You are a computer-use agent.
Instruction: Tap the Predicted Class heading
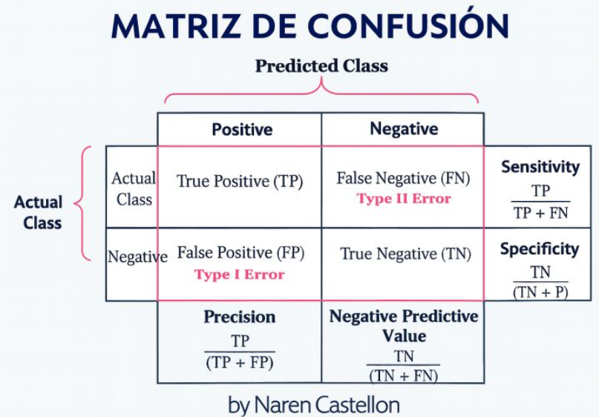click(x=321, y=66)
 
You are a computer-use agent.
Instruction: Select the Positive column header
click(x=242, y=129)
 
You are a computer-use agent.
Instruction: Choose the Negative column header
click(x=404, y=128)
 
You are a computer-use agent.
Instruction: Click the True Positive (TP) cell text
click(x=240, y=181)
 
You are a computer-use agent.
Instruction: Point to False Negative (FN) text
click(x=403, y=178)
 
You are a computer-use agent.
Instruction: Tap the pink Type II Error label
click(x=404, y=199)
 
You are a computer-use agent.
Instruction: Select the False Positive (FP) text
click(x=240, y=253)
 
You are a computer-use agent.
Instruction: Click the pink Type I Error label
click(x=240, y=275)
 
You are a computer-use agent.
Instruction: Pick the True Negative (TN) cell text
click(x=406, y=254)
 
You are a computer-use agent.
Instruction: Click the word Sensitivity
click(x=540, y=167)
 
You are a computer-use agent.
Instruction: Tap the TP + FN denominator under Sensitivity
click(x=541, y=213)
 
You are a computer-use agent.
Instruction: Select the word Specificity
click(x=540, y=249)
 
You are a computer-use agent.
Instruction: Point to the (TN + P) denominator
click(x=540, y=292)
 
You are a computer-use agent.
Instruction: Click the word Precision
click(x=240, y=317)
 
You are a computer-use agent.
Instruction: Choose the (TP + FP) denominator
click(x=240, y=362)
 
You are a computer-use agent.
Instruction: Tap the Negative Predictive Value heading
click(x=404, y=326)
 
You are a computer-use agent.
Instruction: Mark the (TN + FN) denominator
click(x=403, y=376)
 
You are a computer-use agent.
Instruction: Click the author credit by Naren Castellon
click(x=314, y=405)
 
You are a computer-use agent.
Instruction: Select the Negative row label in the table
click(x=137, y=257)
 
